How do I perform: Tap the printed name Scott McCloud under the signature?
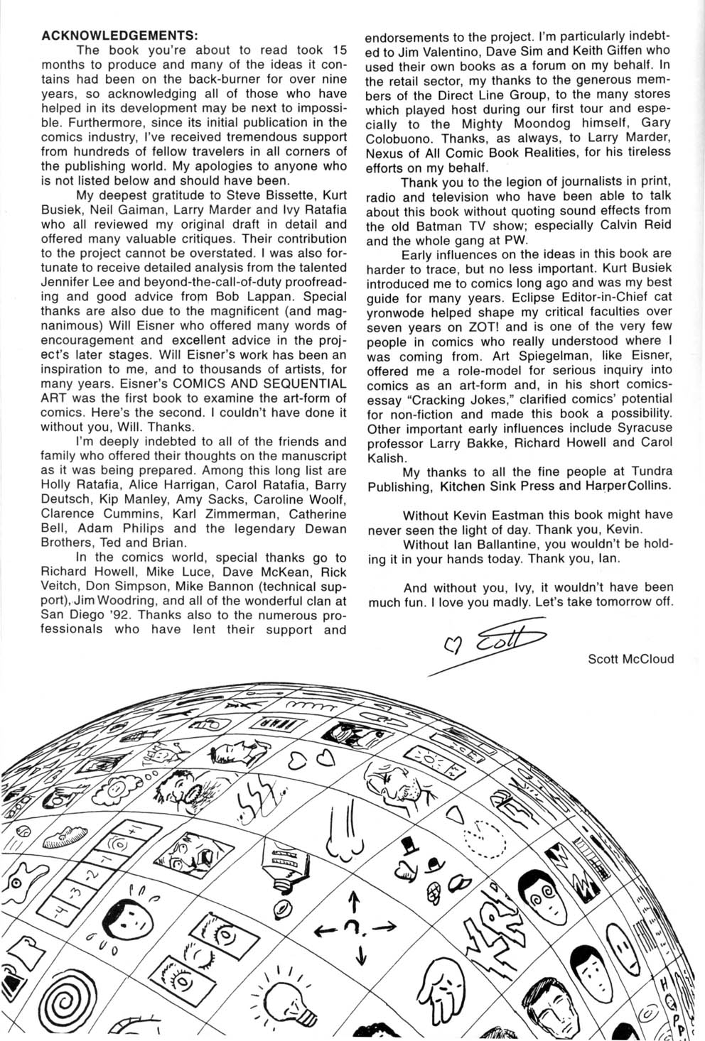(x=630, y=658)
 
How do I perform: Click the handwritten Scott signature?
(x=497, y=640)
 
